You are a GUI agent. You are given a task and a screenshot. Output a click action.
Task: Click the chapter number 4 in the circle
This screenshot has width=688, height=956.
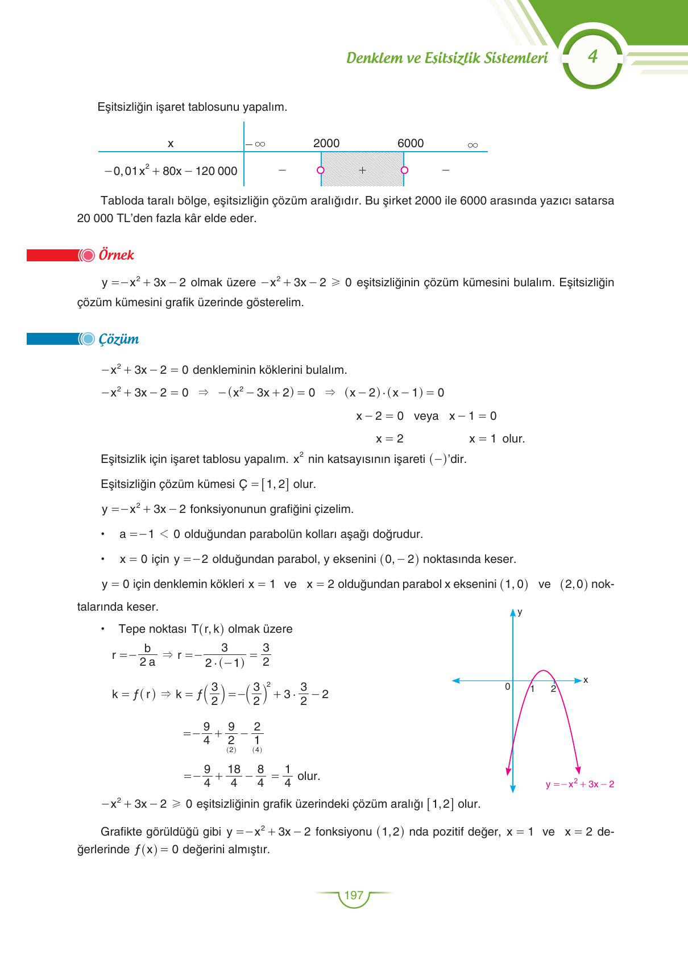tap(592, 57)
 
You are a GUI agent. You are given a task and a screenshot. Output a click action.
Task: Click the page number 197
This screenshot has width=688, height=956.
tap(354, 895)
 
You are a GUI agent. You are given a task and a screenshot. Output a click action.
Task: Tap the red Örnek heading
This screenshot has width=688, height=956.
tap(116, 255)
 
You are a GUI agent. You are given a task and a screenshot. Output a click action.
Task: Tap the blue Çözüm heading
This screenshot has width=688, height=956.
tap(118, 339)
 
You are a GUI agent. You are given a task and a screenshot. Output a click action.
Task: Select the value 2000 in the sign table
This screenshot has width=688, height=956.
tap(326, 144)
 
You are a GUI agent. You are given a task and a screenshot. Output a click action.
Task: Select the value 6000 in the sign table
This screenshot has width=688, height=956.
tap(411, 144)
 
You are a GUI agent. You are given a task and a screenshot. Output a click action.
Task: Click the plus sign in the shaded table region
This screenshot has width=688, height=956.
tap(362, 170)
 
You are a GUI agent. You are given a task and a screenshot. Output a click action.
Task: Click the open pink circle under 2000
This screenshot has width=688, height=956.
tap(321, 170)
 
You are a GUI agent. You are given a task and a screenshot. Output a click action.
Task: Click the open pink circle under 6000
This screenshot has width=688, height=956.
tap(404, 170)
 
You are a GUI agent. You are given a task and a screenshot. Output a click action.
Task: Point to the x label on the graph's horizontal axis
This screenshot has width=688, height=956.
tap(586, 680)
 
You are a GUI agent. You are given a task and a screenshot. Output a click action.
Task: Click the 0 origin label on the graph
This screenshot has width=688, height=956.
tap(507, 687)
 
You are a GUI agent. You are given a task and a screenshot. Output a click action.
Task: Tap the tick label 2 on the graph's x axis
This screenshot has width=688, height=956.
tap(553, 689)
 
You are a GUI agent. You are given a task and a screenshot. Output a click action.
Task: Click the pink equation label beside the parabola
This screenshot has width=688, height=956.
tap(579, 784)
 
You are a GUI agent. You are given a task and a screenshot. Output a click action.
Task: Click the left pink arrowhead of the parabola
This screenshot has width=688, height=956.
tap(508, 770)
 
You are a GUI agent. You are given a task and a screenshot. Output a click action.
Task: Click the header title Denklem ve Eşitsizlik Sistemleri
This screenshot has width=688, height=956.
tap(447, 58)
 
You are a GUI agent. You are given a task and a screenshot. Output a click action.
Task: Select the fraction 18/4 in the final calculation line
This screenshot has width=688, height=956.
tap(234, 776)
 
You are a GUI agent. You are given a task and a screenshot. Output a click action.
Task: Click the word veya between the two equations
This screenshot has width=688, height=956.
tap(426, 416)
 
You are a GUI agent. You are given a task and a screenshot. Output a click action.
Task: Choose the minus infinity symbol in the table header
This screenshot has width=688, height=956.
tap(256, 145)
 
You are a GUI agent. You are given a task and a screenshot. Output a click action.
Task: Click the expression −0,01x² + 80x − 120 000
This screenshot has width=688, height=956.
tap(171, 171)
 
